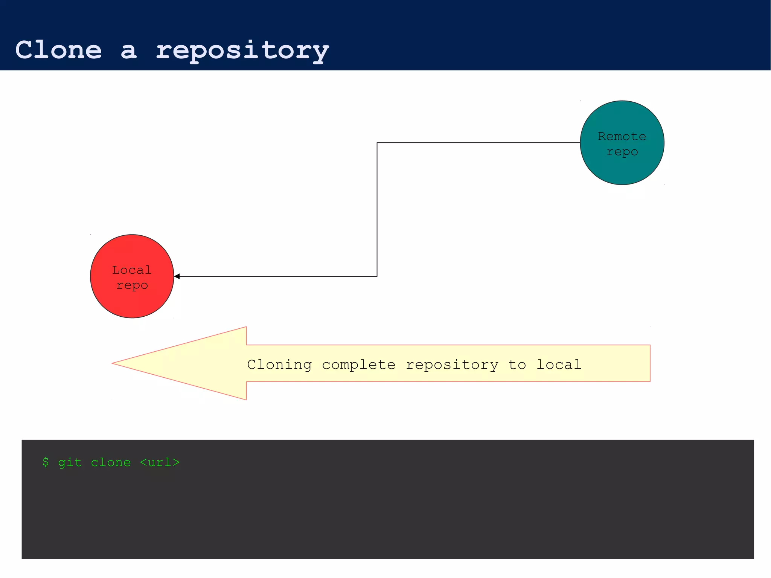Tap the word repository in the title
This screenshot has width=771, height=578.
pyautogui.click(x=242, y=50)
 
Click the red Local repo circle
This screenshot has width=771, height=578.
pyautogui.click(x=132, y=301)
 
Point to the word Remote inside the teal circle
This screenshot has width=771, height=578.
pyautogui.click(x=622, y=136)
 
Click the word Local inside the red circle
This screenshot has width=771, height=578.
pyautogui.click(x=132, y=270)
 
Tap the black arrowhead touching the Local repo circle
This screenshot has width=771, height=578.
pyautogui.click(x=177, y=276)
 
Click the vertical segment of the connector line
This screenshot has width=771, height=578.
pyautogui.click(x=377, y=209)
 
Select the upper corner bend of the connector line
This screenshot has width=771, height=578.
pyautogui.click(x=377, y=143)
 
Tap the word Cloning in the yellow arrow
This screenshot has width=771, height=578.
pyautogui.click(x=279, y=365)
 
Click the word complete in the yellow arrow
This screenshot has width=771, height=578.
pyautogui.click(x=359, y=365)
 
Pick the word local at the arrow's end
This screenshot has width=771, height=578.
pyautogui.click(x=559, y=365)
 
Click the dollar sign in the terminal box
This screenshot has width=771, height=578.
pyautogui.click(x=46, y=462)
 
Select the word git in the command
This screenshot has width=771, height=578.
pyautogui.click(x=70, y=463)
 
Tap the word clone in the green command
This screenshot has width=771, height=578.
pyautogui.click(x=111, y=462)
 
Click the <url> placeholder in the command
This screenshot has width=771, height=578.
pyautogui.click(x=160, y=462)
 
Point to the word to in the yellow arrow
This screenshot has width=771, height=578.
pyautogui.click(x=517, y=365)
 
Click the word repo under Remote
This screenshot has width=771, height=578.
pyautogui.click(x=622, y=152)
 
